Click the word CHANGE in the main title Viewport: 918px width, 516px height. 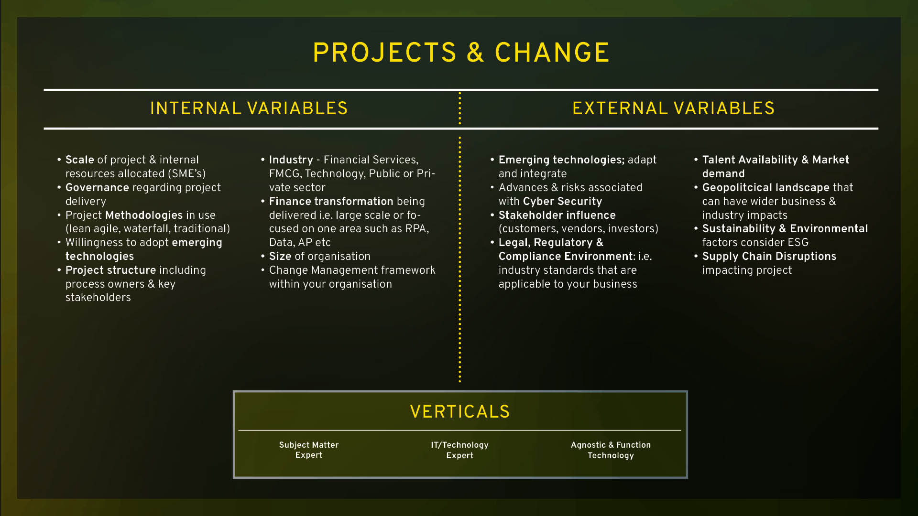coord(552,53)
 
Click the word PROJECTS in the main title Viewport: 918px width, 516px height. coord(385,53)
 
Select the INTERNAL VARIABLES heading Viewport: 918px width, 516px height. coord(249,108)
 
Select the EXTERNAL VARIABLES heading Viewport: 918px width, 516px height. coord(673,108)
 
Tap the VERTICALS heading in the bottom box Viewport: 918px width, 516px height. coord(460,411)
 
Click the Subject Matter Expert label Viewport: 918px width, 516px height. coord(309,450)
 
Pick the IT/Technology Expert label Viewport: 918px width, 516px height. coord(459,450)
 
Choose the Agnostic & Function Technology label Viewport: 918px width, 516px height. coord(611,450)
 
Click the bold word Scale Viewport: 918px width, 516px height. coord(80,160)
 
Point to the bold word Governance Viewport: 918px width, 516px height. coord(97,187)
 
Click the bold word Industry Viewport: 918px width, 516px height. coord(291,160)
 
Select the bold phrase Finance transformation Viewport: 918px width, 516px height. coord(331,201)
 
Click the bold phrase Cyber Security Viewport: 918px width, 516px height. coord(563,201)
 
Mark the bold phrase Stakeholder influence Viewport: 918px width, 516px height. coord(557,215)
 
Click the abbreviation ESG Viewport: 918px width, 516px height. coord(798,242)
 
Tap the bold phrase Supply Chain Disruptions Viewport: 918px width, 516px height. coord(769,256)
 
